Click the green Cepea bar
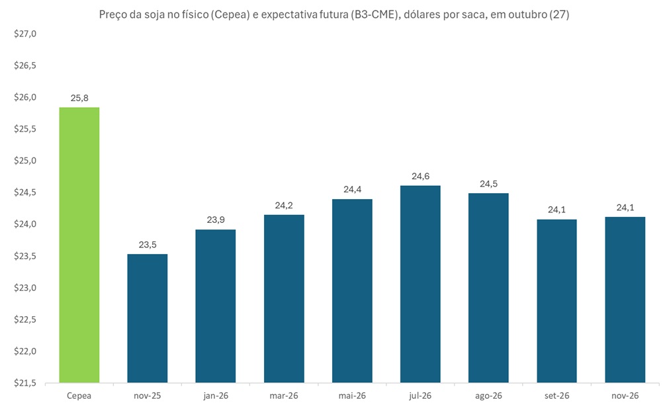pos(79,245)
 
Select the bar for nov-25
pos(148,318)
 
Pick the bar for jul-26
pos(420,284)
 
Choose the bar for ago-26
pos(488,288)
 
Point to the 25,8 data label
pos(79,98)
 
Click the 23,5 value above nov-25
pos(148,245)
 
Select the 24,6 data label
pos(420,176)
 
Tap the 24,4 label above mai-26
pos(352,190)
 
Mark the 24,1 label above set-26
pos(557,210)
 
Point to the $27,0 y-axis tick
pos(25,34)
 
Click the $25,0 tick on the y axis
pos(25,161)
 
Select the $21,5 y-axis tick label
pos(25,383)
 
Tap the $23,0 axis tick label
pos(25,288)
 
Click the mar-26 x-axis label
pos(284,395)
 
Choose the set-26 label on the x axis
pos(557,395)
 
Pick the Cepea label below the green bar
pos(79,395)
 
